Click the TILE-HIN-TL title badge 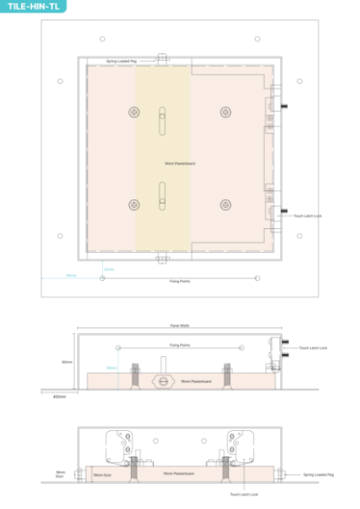32,6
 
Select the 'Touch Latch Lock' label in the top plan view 307,216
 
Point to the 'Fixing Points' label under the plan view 179,282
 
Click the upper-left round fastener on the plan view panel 133,111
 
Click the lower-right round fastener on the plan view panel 225,204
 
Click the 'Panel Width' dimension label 179,325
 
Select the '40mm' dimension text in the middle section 59,397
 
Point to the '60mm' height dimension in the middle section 66,361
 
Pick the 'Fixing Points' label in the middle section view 179,345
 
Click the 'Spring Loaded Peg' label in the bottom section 318,475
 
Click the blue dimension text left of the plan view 71,275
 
